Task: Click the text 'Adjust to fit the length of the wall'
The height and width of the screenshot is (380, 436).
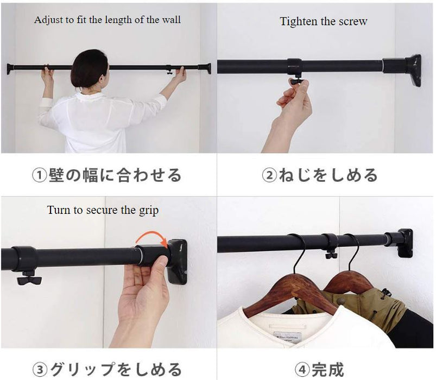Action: tap(108, 20)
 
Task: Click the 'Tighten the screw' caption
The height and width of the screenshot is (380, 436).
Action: tap(323, 22)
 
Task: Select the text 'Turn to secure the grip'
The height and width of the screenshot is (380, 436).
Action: tap(103, 210)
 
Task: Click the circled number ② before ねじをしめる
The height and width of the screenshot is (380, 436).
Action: tap(269, 175)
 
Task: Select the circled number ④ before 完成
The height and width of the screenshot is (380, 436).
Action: tap(303, 370)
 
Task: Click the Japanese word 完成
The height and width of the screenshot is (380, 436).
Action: tap(328, 370)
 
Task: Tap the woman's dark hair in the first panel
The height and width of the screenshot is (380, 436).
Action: tap(89, 68)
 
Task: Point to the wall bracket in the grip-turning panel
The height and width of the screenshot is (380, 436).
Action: tap(178, 261)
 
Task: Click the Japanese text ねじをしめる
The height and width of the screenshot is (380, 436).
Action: tap(328, 175)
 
